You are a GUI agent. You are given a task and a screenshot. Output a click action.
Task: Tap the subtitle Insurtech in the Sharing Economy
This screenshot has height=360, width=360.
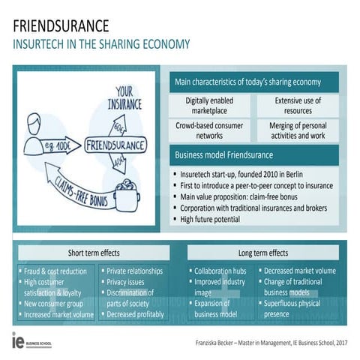tap(101, 44)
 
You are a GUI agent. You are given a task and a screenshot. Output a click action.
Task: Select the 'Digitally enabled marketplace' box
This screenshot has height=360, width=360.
tap(210, 105)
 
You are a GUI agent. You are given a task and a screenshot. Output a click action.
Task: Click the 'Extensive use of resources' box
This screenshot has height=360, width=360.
tap(298, 105)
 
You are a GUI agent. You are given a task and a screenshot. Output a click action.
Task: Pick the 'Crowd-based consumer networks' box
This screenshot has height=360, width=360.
tap(210, 130)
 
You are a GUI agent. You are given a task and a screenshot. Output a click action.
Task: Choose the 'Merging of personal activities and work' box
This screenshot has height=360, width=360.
tap(298, 130)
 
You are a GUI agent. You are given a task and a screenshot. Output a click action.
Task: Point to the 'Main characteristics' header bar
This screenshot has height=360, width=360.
tap(247, 82)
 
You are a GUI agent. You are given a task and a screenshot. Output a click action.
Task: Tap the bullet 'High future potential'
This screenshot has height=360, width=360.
tap(211, 219)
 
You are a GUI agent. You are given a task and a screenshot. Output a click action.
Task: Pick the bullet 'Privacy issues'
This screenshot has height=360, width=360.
tap(131, 282)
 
